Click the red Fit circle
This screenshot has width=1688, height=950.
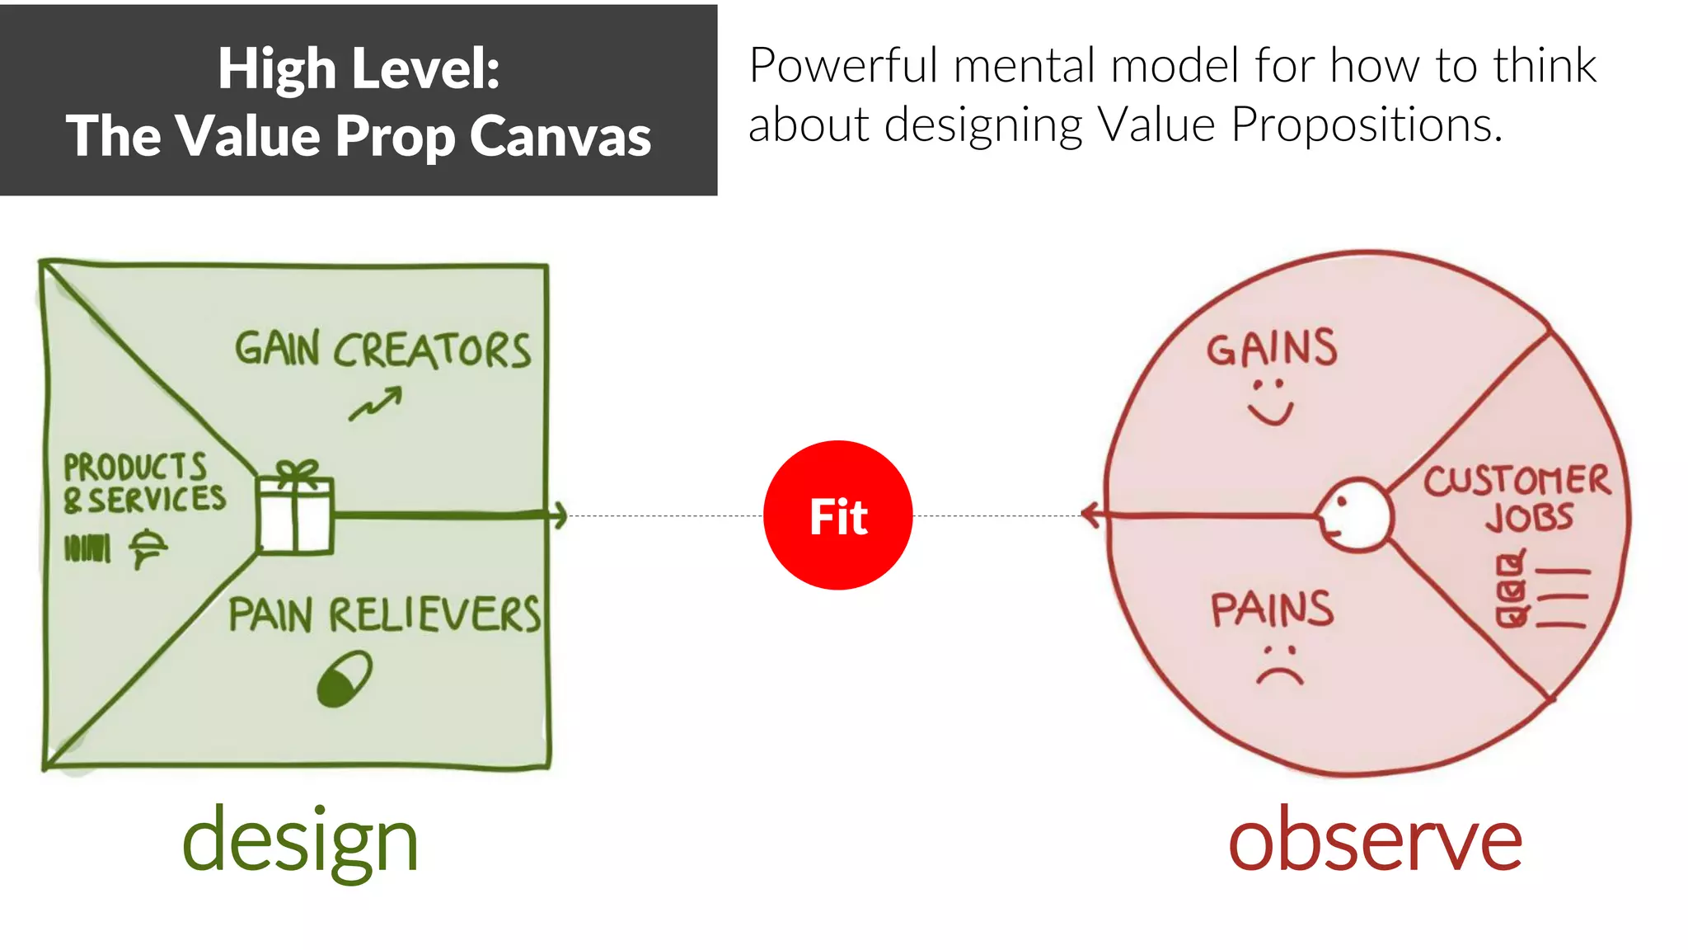[x=837, y=515]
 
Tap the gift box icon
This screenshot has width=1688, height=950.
[x=294, y=509]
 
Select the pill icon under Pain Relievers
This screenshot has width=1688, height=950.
[x=345, y=679]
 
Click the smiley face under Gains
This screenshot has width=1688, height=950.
[x=1270, y=402]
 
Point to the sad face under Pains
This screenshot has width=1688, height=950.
[x=1280, y=666]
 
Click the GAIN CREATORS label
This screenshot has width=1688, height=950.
[x=383, y=350]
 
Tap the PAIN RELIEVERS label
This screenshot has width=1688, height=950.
[x=384, y=615]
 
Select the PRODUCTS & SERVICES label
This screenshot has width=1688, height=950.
[x=144, y=483]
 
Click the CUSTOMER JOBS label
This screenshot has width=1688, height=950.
[x=1517, y=498]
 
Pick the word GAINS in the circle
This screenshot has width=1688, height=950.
[x=1272, y=348]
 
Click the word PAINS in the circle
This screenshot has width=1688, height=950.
[x=1272, y=609]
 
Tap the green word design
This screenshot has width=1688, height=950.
[x=300, y=841]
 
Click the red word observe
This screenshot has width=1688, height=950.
[x=1375, y=838]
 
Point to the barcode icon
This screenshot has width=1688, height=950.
[x=87, y=548]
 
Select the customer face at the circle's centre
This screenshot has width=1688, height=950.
[x=1353, y=515]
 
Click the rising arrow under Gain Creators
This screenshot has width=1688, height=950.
[x=375, y=404]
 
